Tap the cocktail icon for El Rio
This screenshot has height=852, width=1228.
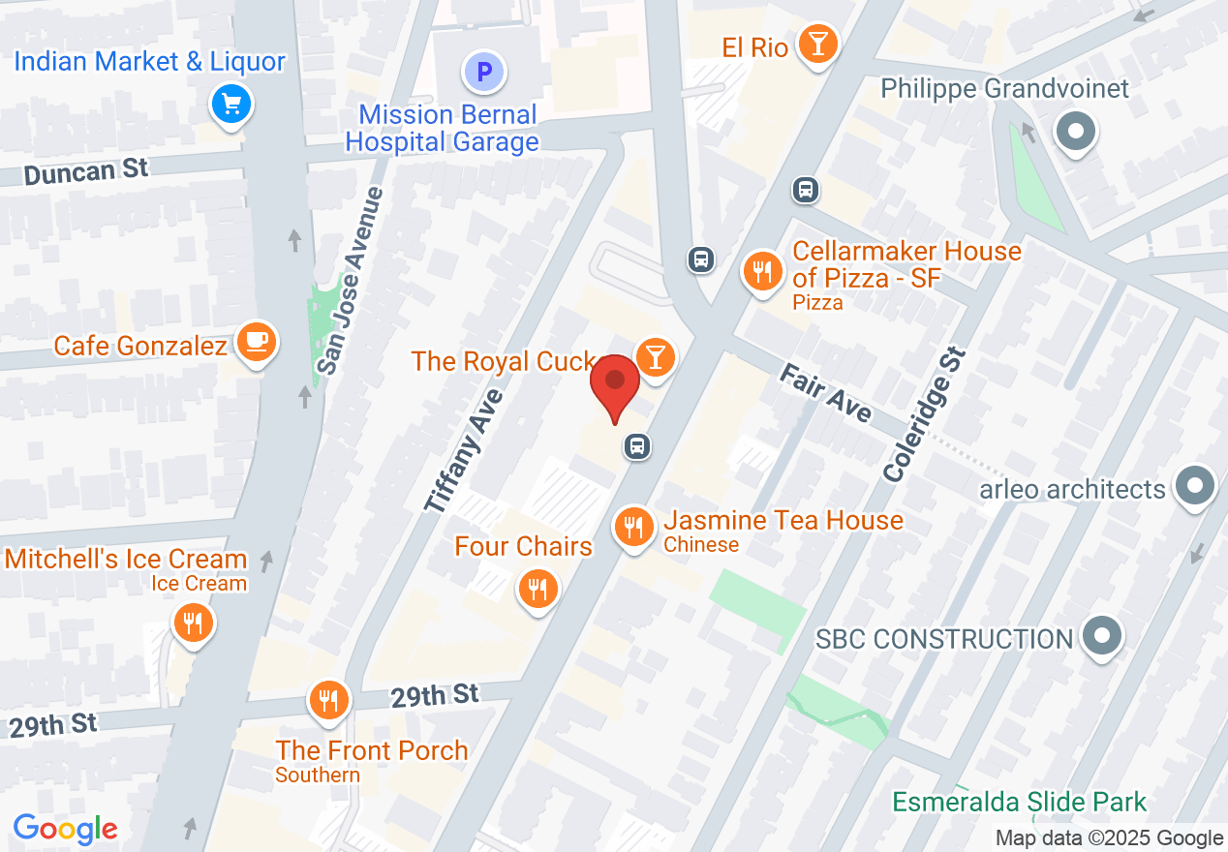coord(817,45)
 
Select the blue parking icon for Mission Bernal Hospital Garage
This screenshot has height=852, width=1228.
coord(483,72)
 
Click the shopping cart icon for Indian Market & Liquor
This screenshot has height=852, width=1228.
coord(231,104)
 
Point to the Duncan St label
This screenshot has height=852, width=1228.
coord(86,172)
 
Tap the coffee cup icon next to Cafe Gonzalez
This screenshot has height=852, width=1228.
coord(256,342)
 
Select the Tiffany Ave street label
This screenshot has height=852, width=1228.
coord(464,450)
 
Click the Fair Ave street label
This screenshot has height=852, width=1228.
coord(825,392)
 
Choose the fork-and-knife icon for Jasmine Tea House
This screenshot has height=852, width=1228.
coord(633,528)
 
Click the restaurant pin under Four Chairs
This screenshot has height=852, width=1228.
coord(537,588)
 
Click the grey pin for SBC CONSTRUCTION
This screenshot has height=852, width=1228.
coord(1101,637)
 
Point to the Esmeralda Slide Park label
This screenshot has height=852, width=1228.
coord(1019,802)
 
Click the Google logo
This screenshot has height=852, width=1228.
coord(65,829)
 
